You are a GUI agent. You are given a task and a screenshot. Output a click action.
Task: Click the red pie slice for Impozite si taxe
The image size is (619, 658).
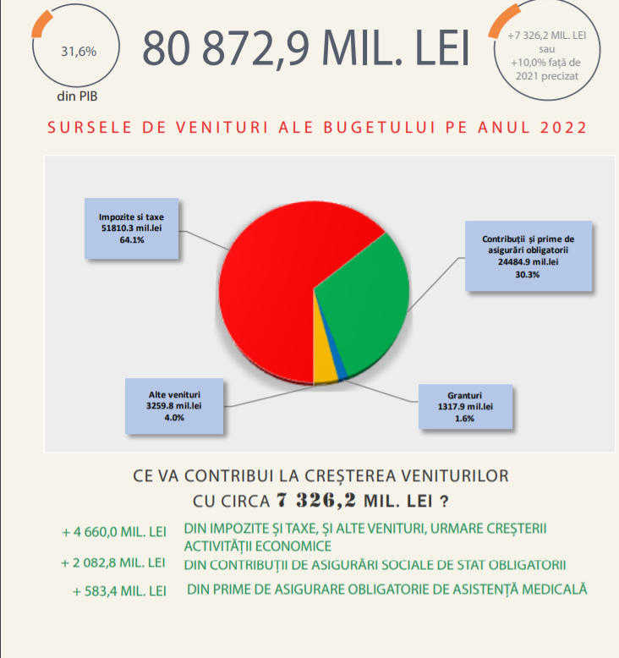pos(271,279)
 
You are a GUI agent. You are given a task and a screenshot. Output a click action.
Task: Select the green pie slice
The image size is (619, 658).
pos(364,304)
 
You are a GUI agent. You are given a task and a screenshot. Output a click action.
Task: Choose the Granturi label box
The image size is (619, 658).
pos(464,407)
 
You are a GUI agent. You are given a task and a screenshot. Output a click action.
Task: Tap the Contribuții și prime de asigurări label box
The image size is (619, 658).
pos(521,256)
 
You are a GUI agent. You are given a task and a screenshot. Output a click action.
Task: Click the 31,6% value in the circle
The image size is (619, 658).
pos(79,51)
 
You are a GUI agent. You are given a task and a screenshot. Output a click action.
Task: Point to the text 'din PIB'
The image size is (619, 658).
pos(78,96)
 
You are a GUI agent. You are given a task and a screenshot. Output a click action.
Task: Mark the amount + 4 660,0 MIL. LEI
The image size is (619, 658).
pos(114,533)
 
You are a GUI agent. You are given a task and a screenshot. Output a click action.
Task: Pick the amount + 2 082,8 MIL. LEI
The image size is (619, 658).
pos(113,562)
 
